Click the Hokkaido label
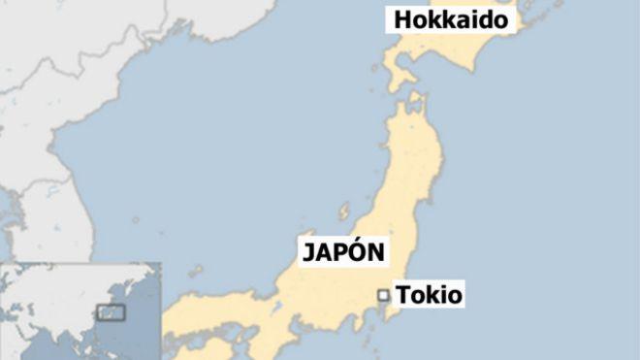coord(449,20)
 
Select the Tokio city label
coord(430,294)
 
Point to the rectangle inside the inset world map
coord(112,312)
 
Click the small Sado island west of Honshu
coord(344,211)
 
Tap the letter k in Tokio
coord(432,294)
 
